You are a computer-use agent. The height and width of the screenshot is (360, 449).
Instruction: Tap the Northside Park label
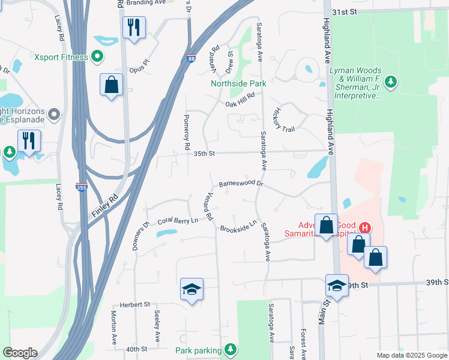tap(238, 83)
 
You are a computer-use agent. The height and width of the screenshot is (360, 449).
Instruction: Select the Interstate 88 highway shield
tap(190, 58)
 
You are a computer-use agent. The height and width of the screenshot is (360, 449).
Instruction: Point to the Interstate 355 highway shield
tap(82, 187)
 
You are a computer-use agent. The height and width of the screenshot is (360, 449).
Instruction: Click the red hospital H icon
tap(364, 228)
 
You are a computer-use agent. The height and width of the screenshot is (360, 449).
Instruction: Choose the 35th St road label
tap(204, 154)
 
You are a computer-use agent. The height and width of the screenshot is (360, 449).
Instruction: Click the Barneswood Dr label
tap(241, 184)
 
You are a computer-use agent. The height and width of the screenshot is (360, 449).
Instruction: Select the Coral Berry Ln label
tap(178, 221)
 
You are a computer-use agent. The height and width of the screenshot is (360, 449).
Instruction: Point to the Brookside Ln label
tap(238, 227)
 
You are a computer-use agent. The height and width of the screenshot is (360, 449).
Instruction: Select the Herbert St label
tap(135, 305)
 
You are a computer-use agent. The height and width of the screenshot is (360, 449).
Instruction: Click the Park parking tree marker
tap(230, 349)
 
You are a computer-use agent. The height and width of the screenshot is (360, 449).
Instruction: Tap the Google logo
tap(20, 353)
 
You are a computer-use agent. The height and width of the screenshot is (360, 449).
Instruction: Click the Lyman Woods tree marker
tap(391, 80)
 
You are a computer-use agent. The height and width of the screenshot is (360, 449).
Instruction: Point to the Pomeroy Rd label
tap(187, 132)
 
